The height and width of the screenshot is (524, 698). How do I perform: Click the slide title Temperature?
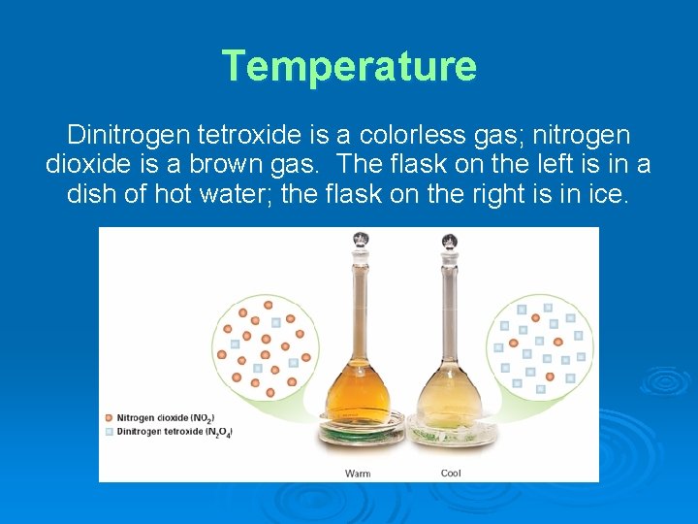(349, 66)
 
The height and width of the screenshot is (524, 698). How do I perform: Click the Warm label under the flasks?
(358, 474)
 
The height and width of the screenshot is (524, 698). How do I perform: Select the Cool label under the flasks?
(451, 474)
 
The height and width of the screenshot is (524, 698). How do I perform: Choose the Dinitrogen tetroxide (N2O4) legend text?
(175, 431)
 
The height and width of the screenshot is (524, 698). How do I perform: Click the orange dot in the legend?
(109, 417)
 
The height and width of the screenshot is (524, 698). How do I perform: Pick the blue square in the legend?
(109, 431)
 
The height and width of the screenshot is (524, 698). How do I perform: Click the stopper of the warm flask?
(361, 239)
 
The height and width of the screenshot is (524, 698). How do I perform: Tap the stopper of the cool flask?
(449, 240)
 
